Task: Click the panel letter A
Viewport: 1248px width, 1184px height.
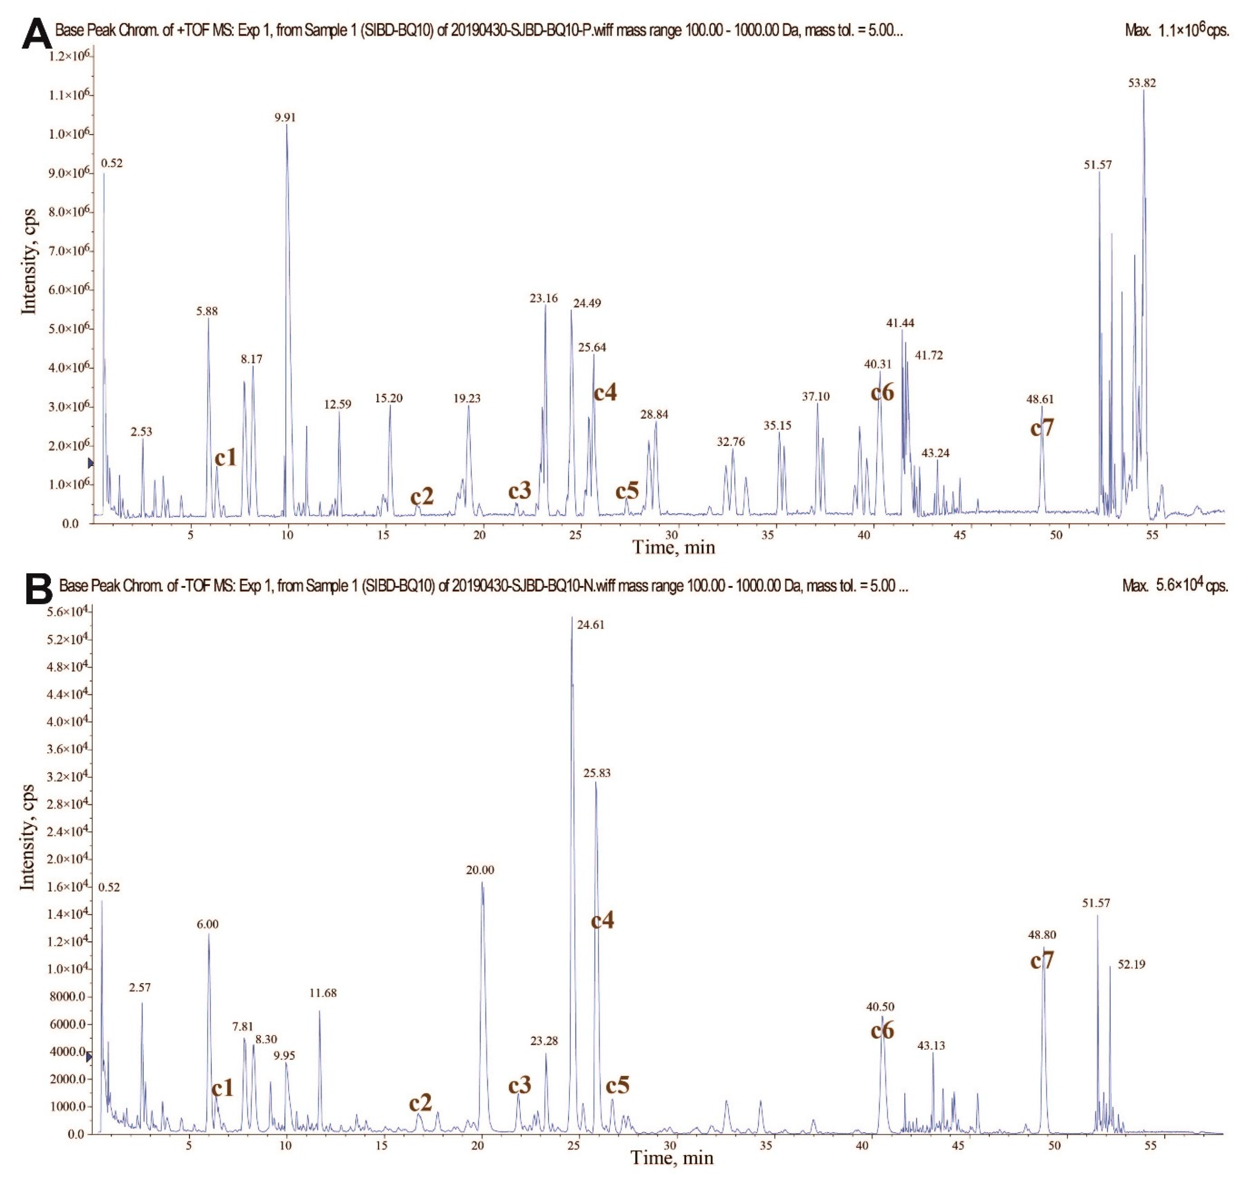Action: click(x=37, y=35)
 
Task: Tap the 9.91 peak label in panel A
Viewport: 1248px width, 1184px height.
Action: click(x=285, y=117)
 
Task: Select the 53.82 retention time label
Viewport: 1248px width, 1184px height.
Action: click(x=1142, y=83)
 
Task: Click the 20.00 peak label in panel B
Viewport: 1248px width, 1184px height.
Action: click(x=480, y=870)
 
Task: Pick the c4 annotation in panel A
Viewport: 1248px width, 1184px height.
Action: click(x=605, y=392)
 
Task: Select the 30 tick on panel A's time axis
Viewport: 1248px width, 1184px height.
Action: click(x=672, y=535)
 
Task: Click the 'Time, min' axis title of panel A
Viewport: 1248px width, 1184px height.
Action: click(x=674, y=547)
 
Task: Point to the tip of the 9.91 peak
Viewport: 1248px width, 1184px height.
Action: click(x=287, y=125)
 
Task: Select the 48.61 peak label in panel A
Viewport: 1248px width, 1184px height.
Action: click(x=1040, y=399)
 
